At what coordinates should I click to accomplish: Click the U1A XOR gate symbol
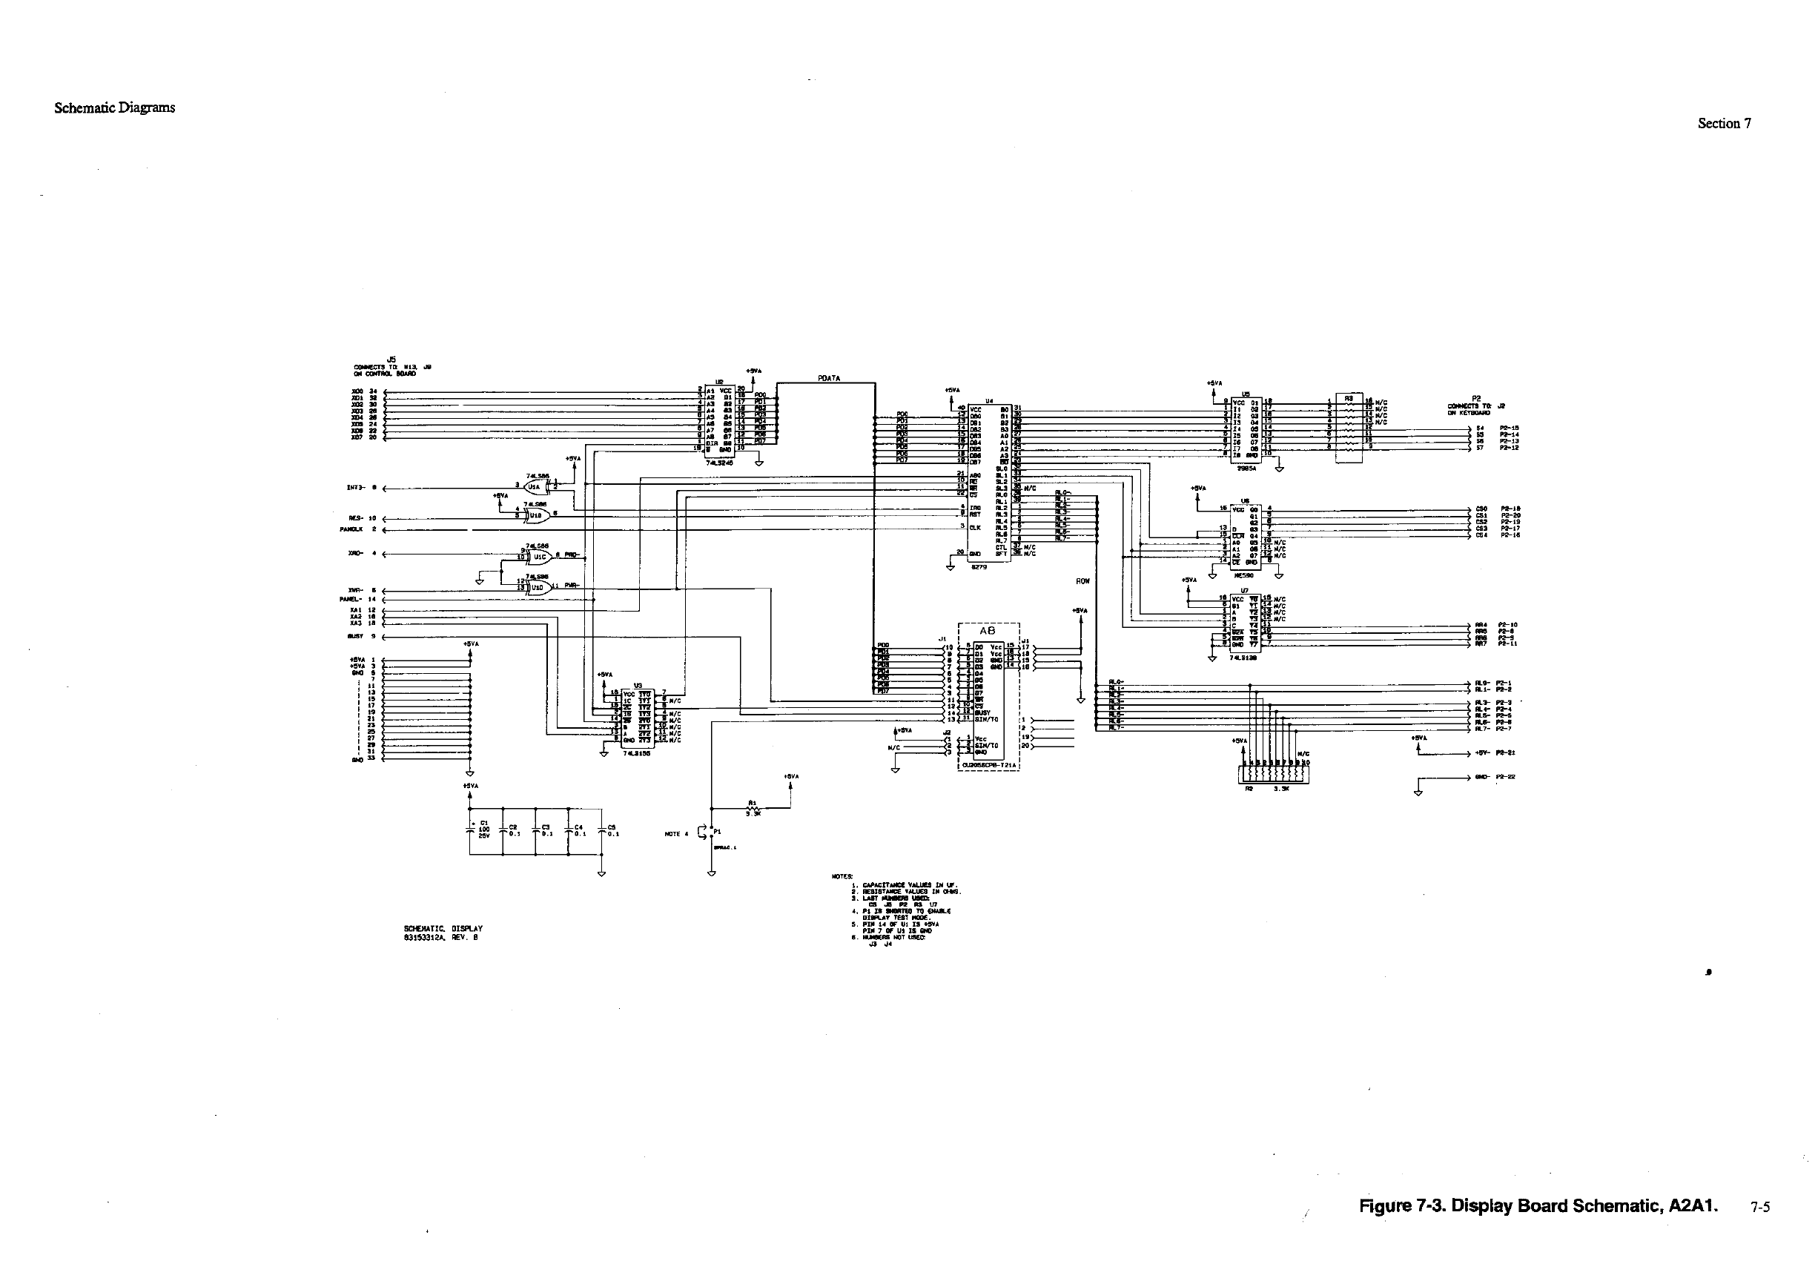point(535,487)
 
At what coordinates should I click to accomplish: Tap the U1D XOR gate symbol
point(539,587)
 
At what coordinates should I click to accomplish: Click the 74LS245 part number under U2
point(720,463)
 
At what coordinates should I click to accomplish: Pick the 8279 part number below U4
point(979,566)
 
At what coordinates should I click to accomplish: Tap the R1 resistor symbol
point(753,807)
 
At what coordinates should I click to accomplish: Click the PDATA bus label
point(828,379)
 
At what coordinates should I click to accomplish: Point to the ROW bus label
point(1082,581)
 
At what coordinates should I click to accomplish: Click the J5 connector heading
point(391,360)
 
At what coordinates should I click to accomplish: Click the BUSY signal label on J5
point(355,636)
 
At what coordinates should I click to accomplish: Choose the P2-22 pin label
point(1504,777)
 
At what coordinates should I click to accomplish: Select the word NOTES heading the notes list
point(842,876)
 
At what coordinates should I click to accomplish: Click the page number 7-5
point(1759,1208)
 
